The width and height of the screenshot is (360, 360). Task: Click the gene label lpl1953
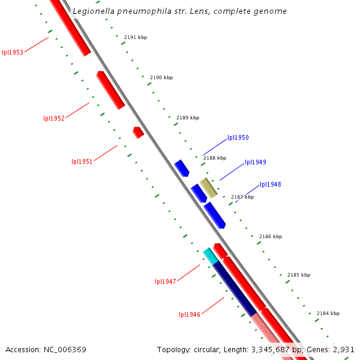[x=13, y=52]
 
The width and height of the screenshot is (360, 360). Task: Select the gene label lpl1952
[x=54, y=118]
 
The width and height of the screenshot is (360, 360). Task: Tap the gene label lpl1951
[x=82, y=161]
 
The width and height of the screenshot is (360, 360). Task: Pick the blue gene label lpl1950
[x=238, y=137]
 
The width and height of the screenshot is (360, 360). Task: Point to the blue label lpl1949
[x=255, y=162]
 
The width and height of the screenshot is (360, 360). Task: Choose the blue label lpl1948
[x=270, y=184]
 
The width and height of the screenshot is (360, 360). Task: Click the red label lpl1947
[x=165, y=281]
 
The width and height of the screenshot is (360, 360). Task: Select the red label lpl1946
[x=190, y=314]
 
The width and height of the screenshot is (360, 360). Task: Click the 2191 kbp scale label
[x=136, y=37]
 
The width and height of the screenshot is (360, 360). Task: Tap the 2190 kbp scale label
[x=161, y=77]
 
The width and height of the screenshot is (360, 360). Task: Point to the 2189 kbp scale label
[x=187, y=118]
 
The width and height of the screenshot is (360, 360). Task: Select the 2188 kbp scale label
[x=215, y=158]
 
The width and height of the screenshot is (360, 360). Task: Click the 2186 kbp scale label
[x=270, y=236]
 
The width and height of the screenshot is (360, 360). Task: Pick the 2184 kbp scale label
[x=328, y=313]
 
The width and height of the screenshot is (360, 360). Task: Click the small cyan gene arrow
[x=210, y=256]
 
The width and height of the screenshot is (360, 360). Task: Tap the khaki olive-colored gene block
[x=208, y=188]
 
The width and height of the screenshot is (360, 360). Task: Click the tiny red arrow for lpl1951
[x=139, y=132]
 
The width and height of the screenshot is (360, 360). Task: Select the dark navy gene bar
[x=235, y=289]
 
